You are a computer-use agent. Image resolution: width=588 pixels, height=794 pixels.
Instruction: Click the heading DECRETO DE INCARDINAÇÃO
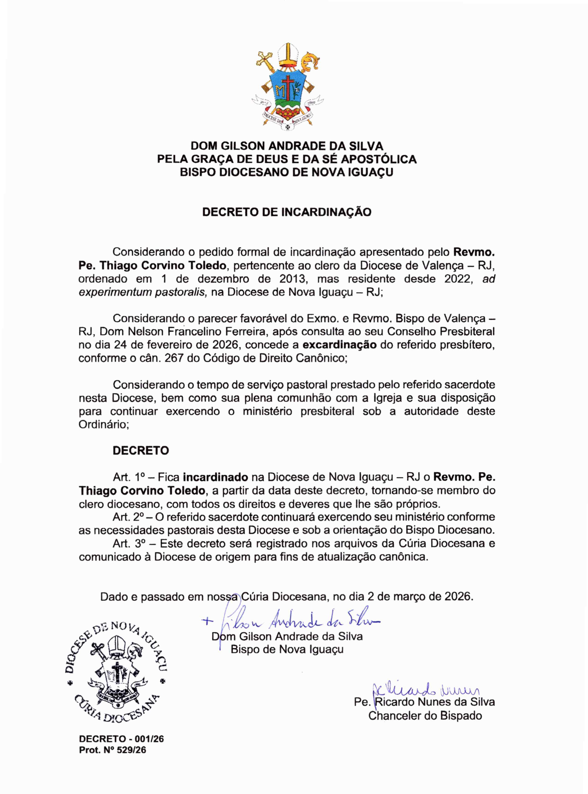click(x=287, y=212)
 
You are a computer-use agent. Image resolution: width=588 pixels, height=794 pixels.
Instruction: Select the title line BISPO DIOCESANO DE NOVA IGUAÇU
click(x=287, y=172)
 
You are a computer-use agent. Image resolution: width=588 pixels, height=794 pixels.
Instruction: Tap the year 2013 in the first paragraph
click(x=291, y=279)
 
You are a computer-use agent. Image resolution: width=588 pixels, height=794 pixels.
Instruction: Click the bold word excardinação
click(x=339, y=345)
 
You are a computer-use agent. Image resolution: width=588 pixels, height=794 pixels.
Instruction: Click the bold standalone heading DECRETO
click(x=141, y=450)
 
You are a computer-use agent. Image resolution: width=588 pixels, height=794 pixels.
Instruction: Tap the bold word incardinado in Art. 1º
click(x=216, y=477)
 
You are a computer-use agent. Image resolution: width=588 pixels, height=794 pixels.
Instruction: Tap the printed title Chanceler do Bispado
click(x=425, y=716)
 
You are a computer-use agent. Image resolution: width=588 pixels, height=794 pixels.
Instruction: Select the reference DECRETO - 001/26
click(x=121, y=739)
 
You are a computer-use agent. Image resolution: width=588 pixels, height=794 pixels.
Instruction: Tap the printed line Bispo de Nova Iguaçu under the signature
click(x=287, y=649)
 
